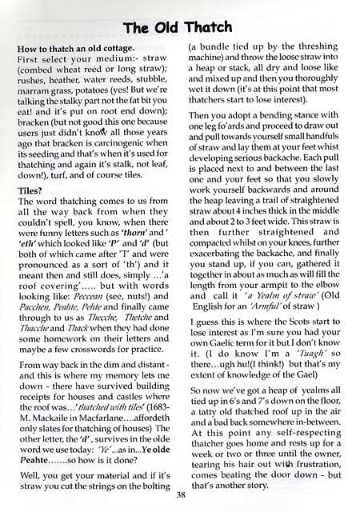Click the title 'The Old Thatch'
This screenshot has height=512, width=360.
coord(178,30)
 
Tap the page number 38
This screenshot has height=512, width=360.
coord(179,494)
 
